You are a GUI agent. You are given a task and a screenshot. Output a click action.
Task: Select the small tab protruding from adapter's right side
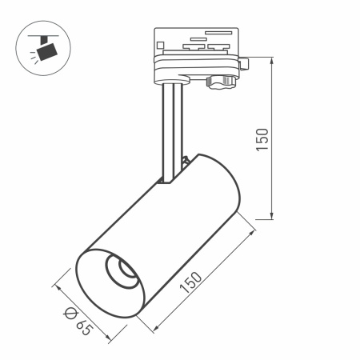click(246, 62)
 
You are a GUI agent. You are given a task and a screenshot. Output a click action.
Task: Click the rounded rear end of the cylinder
click(220, 180)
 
